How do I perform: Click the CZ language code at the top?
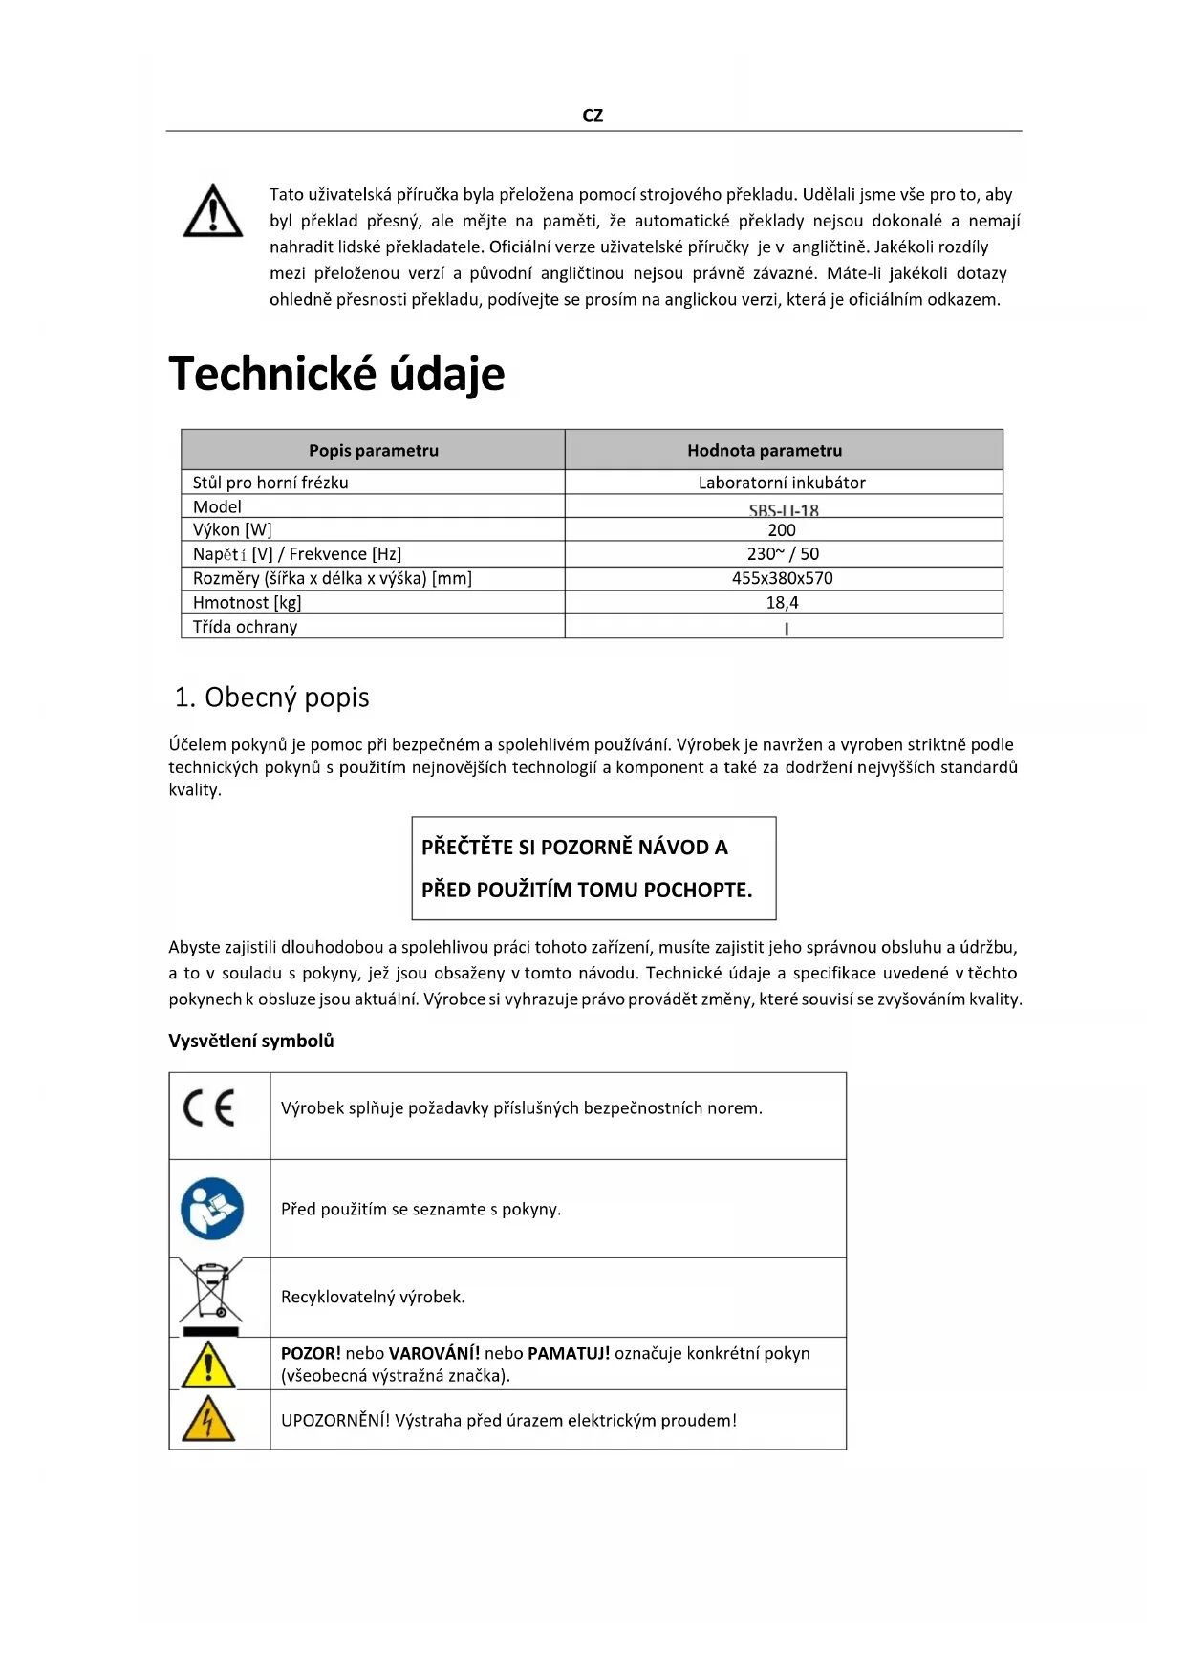point(593,116)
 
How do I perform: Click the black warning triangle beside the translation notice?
point(212,212)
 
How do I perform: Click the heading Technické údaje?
point(336,373)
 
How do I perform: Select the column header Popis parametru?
point(373,450)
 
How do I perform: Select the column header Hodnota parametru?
point(765,450)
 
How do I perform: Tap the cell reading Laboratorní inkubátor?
point(782,483)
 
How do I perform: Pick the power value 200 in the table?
point(782,530)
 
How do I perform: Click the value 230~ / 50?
point(783,554)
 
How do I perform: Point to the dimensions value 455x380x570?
point(783,578)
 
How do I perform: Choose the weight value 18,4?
point(782,603)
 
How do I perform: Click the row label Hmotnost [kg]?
point(248,603)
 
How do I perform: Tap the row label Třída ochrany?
point(246,627)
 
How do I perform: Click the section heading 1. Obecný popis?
point(272,698)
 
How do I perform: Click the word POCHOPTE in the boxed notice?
point(698,890)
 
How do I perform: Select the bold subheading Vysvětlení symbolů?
point(251,1041)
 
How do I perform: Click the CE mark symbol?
point(209,1108)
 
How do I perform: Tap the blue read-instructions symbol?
point(212,1209)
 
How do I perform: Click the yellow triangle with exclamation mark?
point(208,1364)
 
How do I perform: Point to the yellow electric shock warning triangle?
point(208,1419)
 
